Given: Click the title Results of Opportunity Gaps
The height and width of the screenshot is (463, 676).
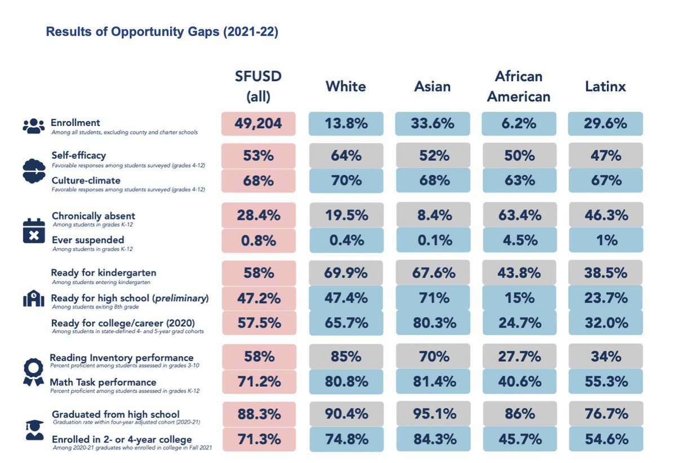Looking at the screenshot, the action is click(x=162, y=32).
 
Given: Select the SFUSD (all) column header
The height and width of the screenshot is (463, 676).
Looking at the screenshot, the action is click(x=259, y=86).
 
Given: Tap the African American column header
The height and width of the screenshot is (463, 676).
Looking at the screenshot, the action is click(x=519, y=86).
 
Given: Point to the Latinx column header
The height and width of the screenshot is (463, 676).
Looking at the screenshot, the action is click(x=606, y=86).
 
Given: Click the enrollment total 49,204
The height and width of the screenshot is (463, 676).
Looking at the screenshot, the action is click(x=259, y=124).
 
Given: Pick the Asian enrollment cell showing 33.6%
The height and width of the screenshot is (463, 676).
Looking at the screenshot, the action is click(x=433, y=124).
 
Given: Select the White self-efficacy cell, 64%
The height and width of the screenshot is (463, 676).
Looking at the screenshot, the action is click(x=346, y=155).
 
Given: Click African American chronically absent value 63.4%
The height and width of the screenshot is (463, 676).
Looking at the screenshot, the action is click(x=519, y=215).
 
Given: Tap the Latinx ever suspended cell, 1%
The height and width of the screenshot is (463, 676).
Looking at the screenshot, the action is click(x=606, y=241).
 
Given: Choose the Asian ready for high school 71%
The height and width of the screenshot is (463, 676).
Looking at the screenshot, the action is click(x=433, y=298).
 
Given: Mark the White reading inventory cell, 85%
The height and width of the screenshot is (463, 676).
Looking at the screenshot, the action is click(x=346, y=356).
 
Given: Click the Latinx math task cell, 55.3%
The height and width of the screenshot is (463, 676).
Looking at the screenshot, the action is click(x=606, y=381).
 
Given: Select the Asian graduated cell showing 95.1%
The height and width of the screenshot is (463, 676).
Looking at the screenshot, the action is click(x=434, y=413).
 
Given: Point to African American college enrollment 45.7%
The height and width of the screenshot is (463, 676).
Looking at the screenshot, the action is click(x=520, y=439).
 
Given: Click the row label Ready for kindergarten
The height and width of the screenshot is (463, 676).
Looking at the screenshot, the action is click(x=104, y=273).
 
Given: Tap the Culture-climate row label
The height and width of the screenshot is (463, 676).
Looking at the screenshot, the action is click(x=86, y=180).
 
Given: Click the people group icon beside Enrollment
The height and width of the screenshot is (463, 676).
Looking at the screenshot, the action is click(x=33, y=126).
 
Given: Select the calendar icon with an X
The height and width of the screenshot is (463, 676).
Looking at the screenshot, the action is click(x=34, y=231).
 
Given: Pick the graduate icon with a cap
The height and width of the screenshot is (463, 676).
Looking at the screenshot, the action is click(x=34, y=430).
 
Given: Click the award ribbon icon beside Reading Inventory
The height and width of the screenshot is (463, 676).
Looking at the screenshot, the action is click(x=33, y=372).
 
